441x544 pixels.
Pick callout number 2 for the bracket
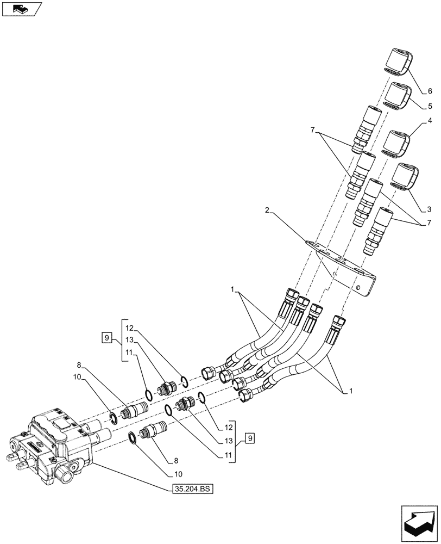(267, 210)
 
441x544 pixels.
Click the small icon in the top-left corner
(21, 9)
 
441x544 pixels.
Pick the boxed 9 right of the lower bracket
(249, 437)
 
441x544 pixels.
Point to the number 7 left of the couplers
(312, 130)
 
